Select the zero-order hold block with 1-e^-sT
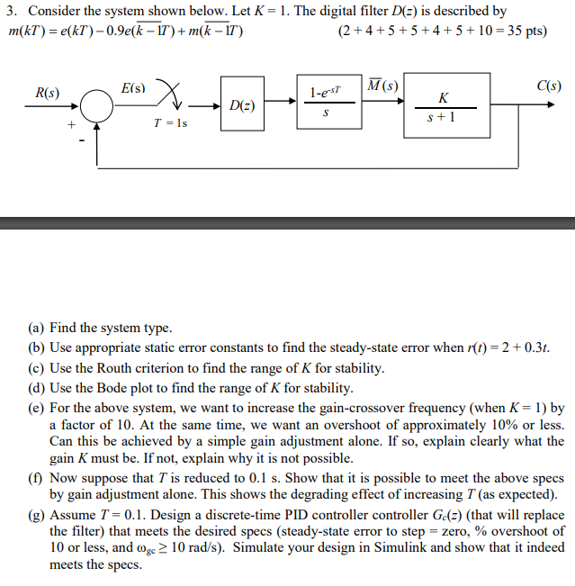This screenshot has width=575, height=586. coord(325,106)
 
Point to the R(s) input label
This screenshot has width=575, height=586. coord(47,93)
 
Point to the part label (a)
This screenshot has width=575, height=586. coord(37,329)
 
